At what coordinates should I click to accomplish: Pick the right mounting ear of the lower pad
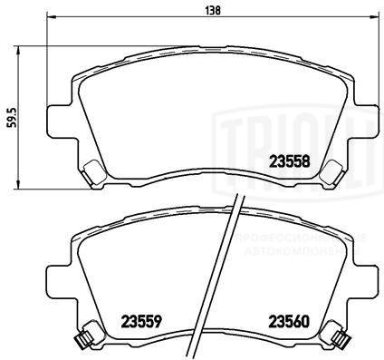[x=360, y=272]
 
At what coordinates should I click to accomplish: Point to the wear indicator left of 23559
[x=82, y=339]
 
